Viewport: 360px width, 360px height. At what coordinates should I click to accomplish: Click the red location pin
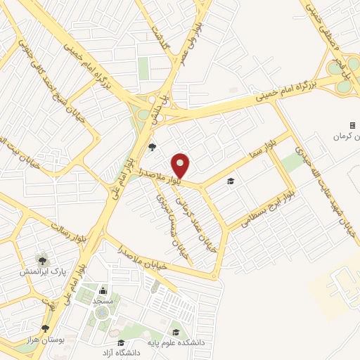[x=181, y=165]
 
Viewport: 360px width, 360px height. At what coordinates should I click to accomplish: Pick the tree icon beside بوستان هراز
[x=46, y=328]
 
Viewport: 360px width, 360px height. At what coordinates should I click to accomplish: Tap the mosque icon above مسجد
[x=103, y=290]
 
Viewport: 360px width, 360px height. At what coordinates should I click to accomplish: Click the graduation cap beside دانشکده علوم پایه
[x=176, y=333]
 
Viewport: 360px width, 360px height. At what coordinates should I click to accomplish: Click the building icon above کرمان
[x=353, y=125]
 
